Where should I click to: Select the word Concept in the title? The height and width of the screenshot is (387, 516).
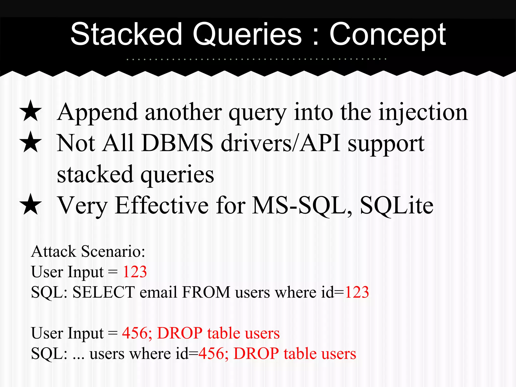click(388, 35)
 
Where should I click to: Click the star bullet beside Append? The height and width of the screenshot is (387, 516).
click(30, 111)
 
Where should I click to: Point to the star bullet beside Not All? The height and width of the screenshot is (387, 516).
click(30, 142)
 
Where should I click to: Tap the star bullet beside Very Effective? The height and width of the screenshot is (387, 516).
click(30, 205)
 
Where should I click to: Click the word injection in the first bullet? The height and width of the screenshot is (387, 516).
click(423, 113)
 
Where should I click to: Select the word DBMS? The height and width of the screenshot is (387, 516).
click(177, 143)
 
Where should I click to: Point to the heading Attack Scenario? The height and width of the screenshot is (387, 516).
click(88, 251)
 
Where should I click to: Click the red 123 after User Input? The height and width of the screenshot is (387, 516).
click(135, 272)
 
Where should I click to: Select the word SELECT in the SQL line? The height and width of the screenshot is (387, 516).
click(104, 292)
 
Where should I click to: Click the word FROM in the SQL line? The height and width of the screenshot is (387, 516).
click(206, 292)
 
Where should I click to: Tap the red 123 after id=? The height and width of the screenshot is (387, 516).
click(357, 292)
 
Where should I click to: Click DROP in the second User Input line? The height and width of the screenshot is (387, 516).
click(180, 333)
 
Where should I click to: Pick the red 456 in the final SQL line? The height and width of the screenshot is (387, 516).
click(211, 353)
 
